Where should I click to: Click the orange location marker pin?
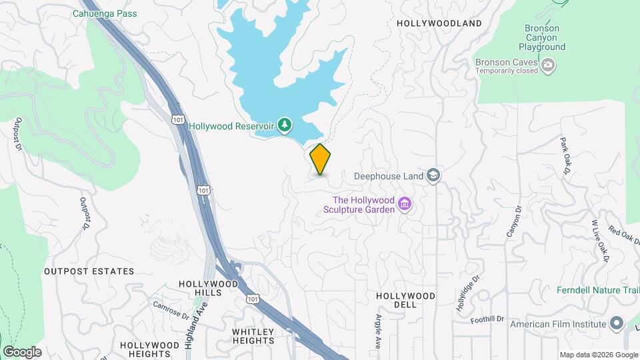(x=320, y=159)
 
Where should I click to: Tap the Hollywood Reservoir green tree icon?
(x=285, y=125)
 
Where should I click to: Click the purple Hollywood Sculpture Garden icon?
(x=404, y=204)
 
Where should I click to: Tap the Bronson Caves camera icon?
(x=548, y=65)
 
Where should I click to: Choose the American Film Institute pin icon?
(x=616, y=325)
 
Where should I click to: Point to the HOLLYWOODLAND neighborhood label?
(x=439, y=23)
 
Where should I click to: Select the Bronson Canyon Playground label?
(x=541, y=38)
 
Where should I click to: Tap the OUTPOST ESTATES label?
(x=89, y=271)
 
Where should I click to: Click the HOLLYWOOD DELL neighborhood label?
(x=405, y=299)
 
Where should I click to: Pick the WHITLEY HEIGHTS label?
(x=253, y=336)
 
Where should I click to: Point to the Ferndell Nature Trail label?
(x=597, y=290)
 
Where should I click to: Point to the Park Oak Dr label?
(x=565, y=155)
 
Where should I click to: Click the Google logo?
(x=22, y=351)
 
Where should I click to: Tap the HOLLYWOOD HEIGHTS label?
(x=150, y=349)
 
